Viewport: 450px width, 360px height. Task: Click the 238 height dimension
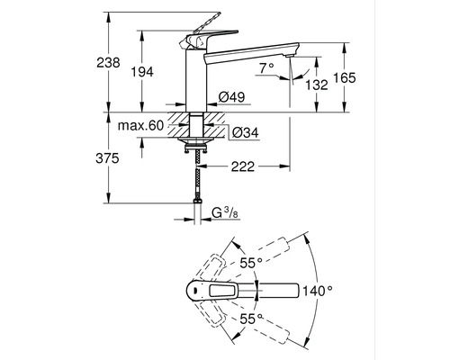[x=108, y=62]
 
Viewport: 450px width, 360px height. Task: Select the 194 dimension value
[x=142, y=72]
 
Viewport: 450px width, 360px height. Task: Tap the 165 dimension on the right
[x=345, y=77]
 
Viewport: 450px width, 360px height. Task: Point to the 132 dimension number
[x=317, y=85]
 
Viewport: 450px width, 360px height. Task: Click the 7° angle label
[x=266, y=68]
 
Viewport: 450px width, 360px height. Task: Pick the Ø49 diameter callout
[x=231, y=96]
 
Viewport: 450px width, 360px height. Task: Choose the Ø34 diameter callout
[x=246, y=132]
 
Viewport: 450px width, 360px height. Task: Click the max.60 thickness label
[x=140, y=125]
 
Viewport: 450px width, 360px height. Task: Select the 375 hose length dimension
[x=107, y=158]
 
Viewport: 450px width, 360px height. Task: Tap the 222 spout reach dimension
[x=243, y=166]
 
